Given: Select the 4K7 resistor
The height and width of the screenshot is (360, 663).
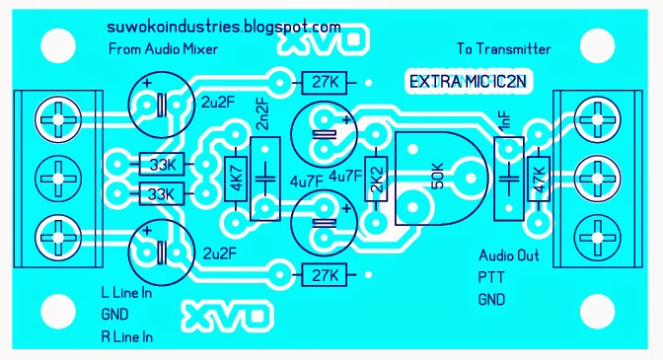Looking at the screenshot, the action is (236, 179).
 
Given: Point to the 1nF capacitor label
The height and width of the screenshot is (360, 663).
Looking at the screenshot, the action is (505, 124).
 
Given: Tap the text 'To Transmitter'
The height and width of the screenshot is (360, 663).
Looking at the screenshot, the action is (504, 48).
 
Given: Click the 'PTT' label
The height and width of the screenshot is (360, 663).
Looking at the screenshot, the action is (489, 277).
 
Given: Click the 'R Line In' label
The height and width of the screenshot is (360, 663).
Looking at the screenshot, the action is (128, 336).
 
